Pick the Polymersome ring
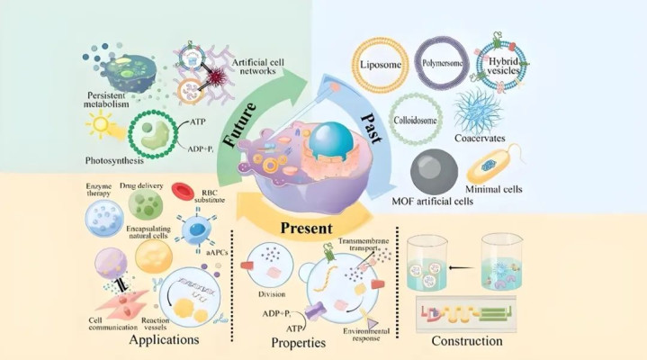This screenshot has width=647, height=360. [x=443, y=63]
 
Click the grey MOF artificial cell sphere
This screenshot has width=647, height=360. [x=441, y=171]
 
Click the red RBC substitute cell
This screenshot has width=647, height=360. [x=183, y=192]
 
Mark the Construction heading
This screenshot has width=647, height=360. [x=465, y=342]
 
